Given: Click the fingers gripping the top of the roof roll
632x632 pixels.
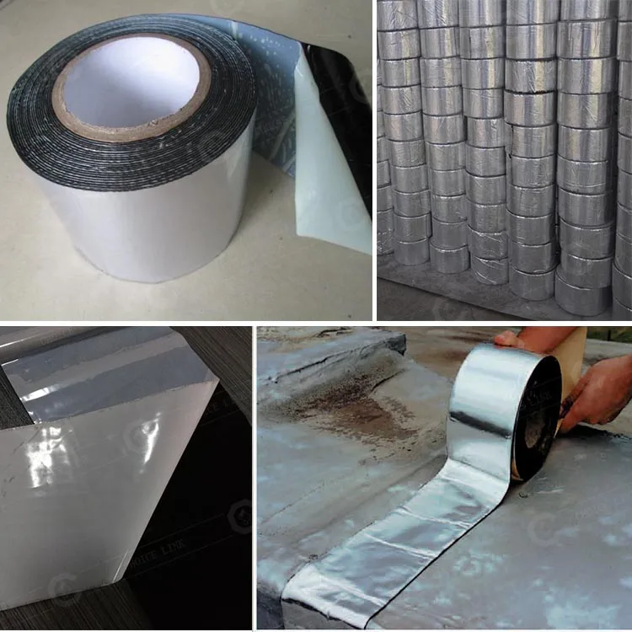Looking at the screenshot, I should coord(510,339).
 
